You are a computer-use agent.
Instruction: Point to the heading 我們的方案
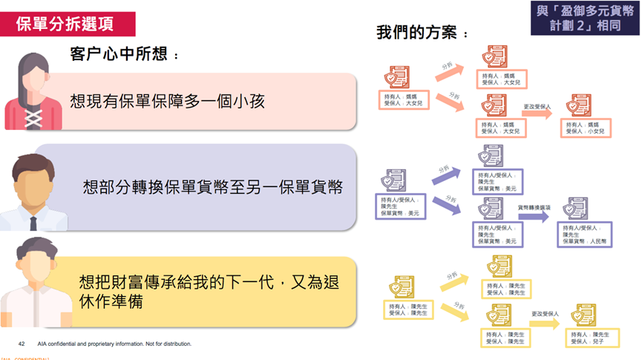pos(423,34)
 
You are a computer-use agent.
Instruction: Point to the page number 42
pos(22,344)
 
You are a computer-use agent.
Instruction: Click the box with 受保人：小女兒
pos(586,127)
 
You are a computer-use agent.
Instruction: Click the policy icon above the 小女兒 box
pos(580,105)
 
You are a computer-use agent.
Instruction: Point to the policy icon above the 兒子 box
pos(584,315)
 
